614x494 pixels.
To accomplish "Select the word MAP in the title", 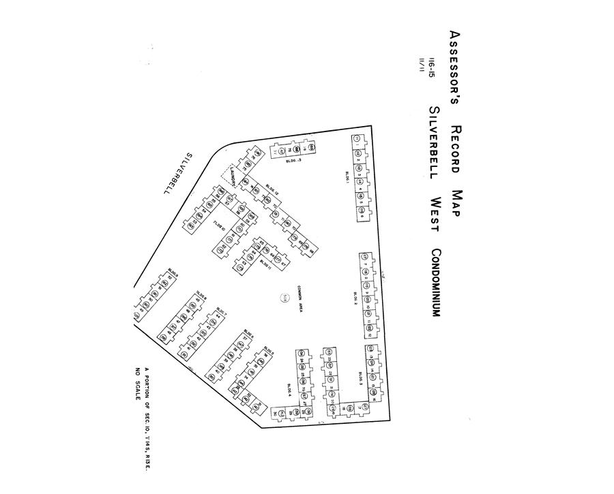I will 456,203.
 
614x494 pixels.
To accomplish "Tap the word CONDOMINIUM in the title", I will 436,282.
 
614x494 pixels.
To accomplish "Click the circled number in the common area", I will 284,297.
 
